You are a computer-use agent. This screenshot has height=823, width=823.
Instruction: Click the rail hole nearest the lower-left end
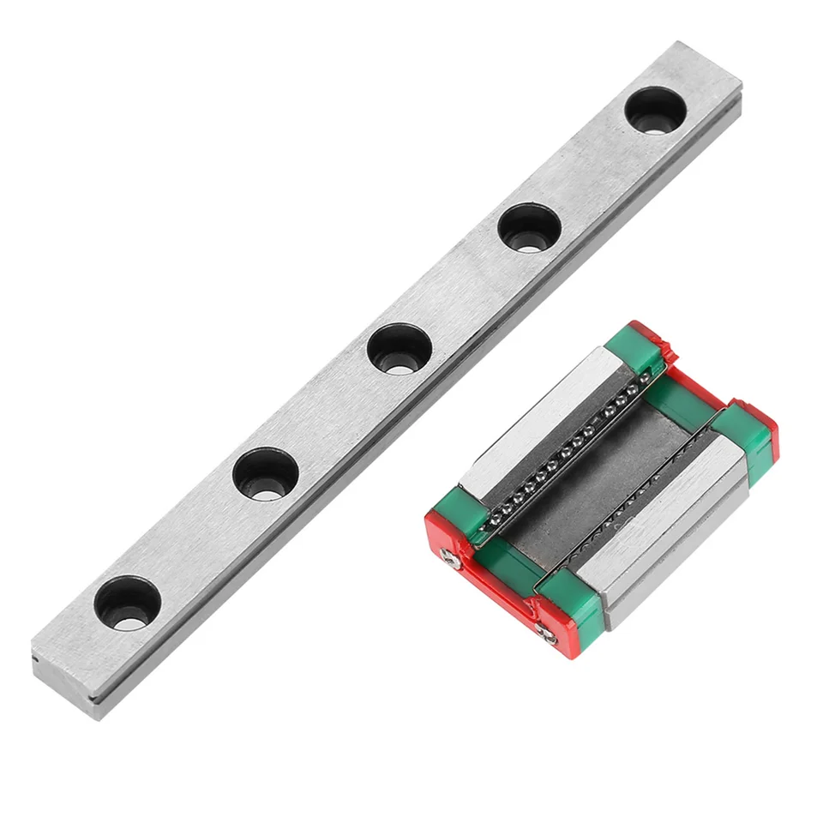pyautogui.click(x=128, y=603)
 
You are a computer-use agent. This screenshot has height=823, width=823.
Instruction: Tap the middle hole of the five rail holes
pyautogui.click(x=399, y=348)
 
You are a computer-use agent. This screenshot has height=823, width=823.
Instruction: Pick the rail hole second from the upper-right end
pyautogui.click(x=529, y=227)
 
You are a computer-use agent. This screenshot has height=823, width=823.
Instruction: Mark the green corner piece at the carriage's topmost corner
pyautogui.click(x=634, y=347)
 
